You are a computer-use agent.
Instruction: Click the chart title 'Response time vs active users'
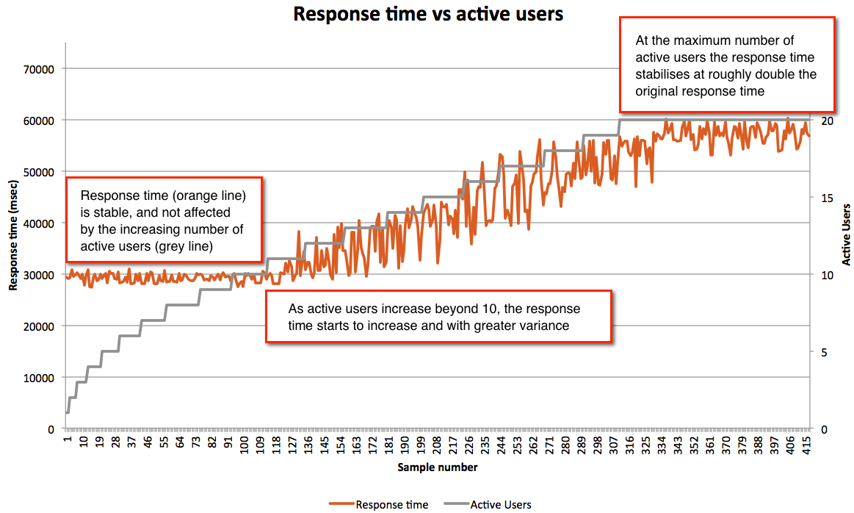point(429,14)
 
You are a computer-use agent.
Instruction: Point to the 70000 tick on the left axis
point(40,69)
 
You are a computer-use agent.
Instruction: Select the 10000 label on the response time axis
point(40,378)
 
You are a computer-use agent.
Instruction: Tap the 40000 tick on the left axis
point(40,223)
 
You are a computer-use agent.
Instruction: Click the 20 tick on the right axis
point(825,121)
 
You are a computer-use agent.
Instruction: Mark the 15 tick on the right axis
point(825,198)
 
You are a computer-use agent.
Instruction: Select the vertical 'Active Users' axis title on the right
point(846,234)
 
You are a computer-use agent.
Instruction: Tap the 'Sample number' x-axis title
point(438,467)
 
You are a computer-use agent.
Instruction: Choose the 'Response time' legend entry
point(391,504)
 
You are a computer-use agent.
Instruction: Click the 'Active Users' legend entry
point(500,504)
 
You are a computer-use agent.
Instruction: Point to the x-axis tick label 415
point(806,445)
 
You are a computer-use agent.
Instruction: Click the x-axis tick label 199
point(423,445)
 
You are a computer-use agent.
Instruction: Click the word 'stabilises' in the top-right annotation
point(665,74)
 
